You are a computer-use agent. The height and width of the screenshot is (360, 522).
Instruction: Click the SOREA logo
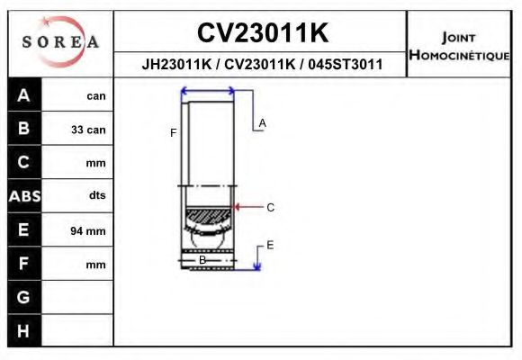pyautogui.click(x=60, y=42)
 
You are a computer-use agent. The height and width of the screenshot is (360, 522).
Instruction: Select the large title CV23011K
pyautogui.click(x=262, y=33)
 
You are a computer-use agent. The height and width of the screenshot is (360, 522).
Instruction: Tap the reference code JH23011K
pyautogui.click(x=178, y=65)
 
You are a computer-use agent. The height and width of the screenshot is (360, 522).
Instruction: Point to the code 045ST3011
pyautogui.click(x=346, y=65)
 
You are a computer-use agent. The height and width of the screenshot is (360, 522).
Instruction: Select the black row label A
pyautogui.click(x=23, y=95)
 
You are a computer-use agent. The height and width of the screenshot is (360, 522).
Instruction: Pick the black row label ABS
pyautogui.click(x=23, y=196)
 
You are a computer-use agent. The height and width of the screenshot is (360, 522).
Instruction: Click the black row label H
pyautogui.click(x=23, y=331)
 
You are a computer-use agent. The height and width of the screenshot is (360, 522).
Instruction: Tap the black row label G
pyautogui.click(x=23, y=297)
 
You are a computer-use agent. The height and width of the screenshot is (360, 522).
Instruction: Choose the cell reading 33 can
pyautogui.click(x=88, y=130)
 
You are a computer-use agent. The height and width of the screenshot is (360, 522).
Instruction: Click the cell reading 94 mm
pyautogui.click(x=88, y=231)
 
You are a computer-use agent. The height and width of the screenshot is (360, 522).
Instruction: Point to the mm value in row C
pyautogui.click(x=96, y=164)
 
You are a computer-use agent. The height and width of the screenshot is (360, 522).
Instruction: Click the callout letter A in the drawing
pyautogui.click(x=262, y=122)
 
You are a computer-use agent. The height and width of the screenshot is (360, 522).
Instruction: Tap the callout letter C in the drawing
pyautogui.click(x=270, y=207)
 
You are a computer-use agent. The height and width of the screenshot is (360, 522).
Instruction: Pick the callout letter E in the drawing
pyautogui.click(x=270, y=245)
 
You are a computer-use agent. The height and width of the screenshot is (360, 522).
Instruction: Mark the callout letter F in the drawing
pyautogui.click(x=173, y=132)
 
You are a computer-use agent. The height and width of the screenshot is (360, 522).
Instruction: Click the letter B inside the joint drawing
pyautogui.click(x=202, y=260)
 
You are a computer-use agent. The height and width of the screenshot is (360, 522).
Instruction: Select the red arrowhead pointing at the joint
pyautogui.click(x=238, y=207)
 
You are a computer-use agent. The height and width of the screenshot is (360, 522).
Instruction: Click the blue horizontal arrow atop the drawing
pyautogui.click(x=208, y=90)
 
